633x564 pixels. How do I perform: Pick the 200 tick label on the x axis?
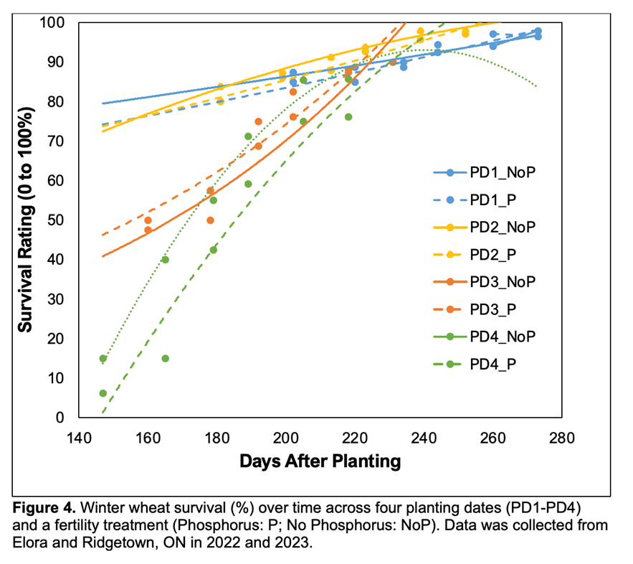coord(286,437)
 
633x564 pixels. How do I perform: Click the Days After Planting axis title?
coord(320,461)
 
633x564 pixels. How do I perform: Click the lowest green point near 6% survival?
coord(103,393)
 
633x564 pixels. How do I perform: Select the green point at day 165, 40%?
coord(166,259)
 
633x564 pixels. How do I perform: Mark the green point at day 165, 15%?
coord(166,358)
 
